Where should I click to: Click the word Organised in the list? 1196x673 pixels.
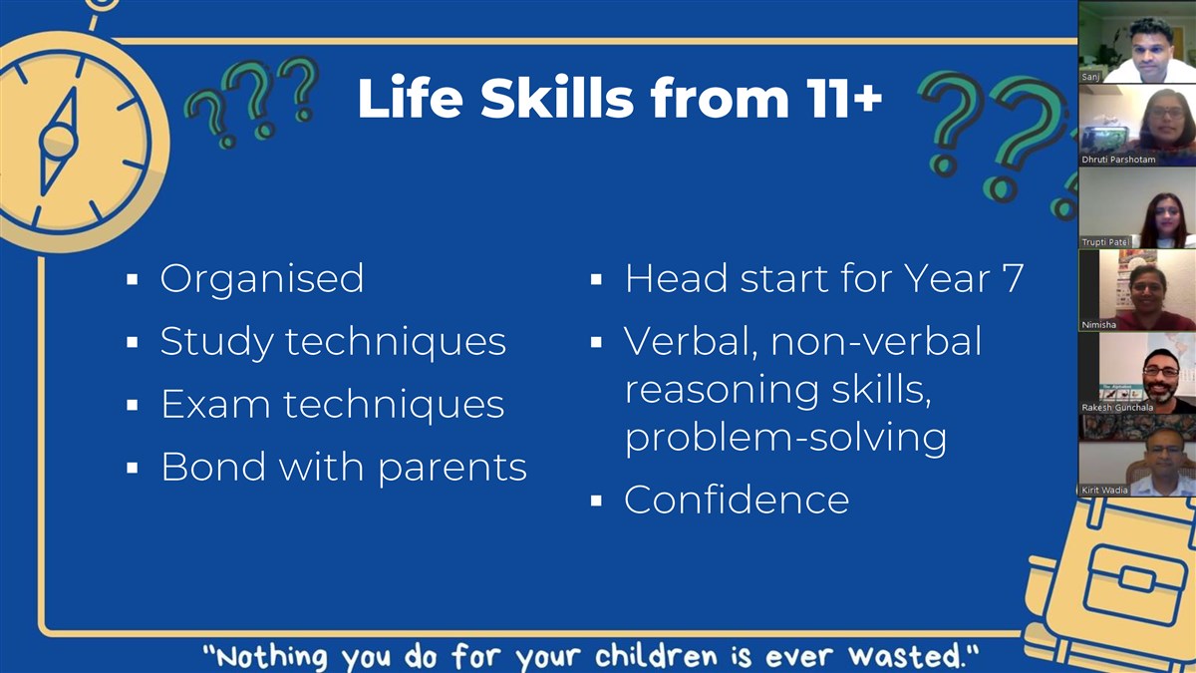[261, 279]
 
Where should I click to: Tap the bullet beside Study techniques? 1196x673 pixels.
[133, 342]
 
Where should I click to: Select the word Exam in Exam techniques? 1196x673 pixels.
[215, 404]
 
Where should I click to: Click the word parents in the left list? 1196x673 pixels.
[452, 469]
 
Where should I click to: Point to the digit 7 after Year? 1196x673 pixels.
[1011, 278]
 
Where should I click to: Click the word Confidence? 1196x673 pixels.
[737, 500]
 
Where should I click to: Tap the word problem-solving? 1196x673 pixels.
[786, 439]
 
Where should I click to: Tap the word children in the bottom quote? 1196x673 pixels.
[656, 656]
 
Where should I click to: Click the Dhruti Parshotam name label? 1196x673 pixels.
[1118, 160]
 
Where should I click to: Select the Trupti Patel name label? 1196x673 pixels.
[1105, 242]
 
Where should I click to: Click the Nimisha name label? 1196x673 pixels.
[1098, 324]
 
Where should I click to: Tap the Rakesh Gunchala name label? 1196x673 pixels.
[1117, 407]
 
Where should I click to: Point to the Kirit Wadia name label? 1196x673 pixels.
[1104, 490]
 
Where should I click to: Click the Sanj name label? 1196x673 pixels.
[1090, 77]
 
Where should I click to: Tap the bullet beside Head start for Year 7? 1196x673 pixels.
[596, 279]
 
